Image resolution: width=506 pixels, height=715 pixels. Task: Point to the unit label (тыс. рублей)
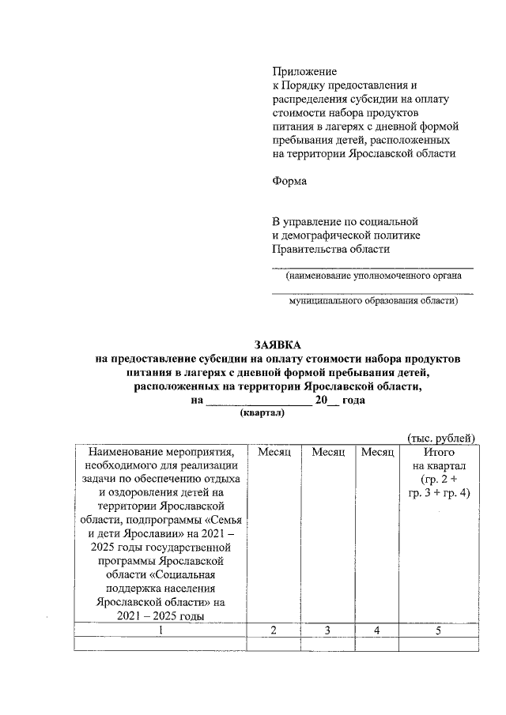click(x=441, y=437)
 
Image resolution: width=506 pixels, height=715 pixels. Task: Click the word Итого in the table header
click(x=438, y=452)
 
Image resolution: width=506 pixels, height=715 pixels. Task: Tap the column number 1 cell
click(x=160, y=630)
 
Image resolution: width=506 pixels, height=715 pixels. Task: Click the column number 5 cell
click(x=438, y=630)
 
